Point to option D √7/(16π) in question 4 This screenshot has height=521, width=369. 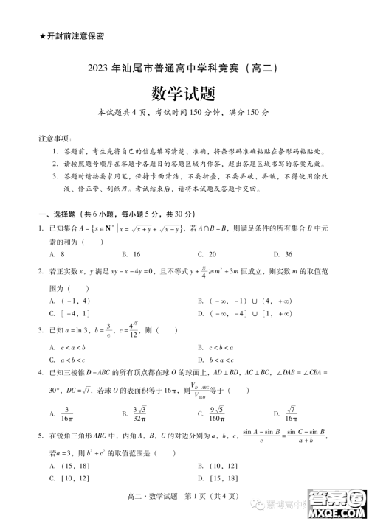pos(289,413)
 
